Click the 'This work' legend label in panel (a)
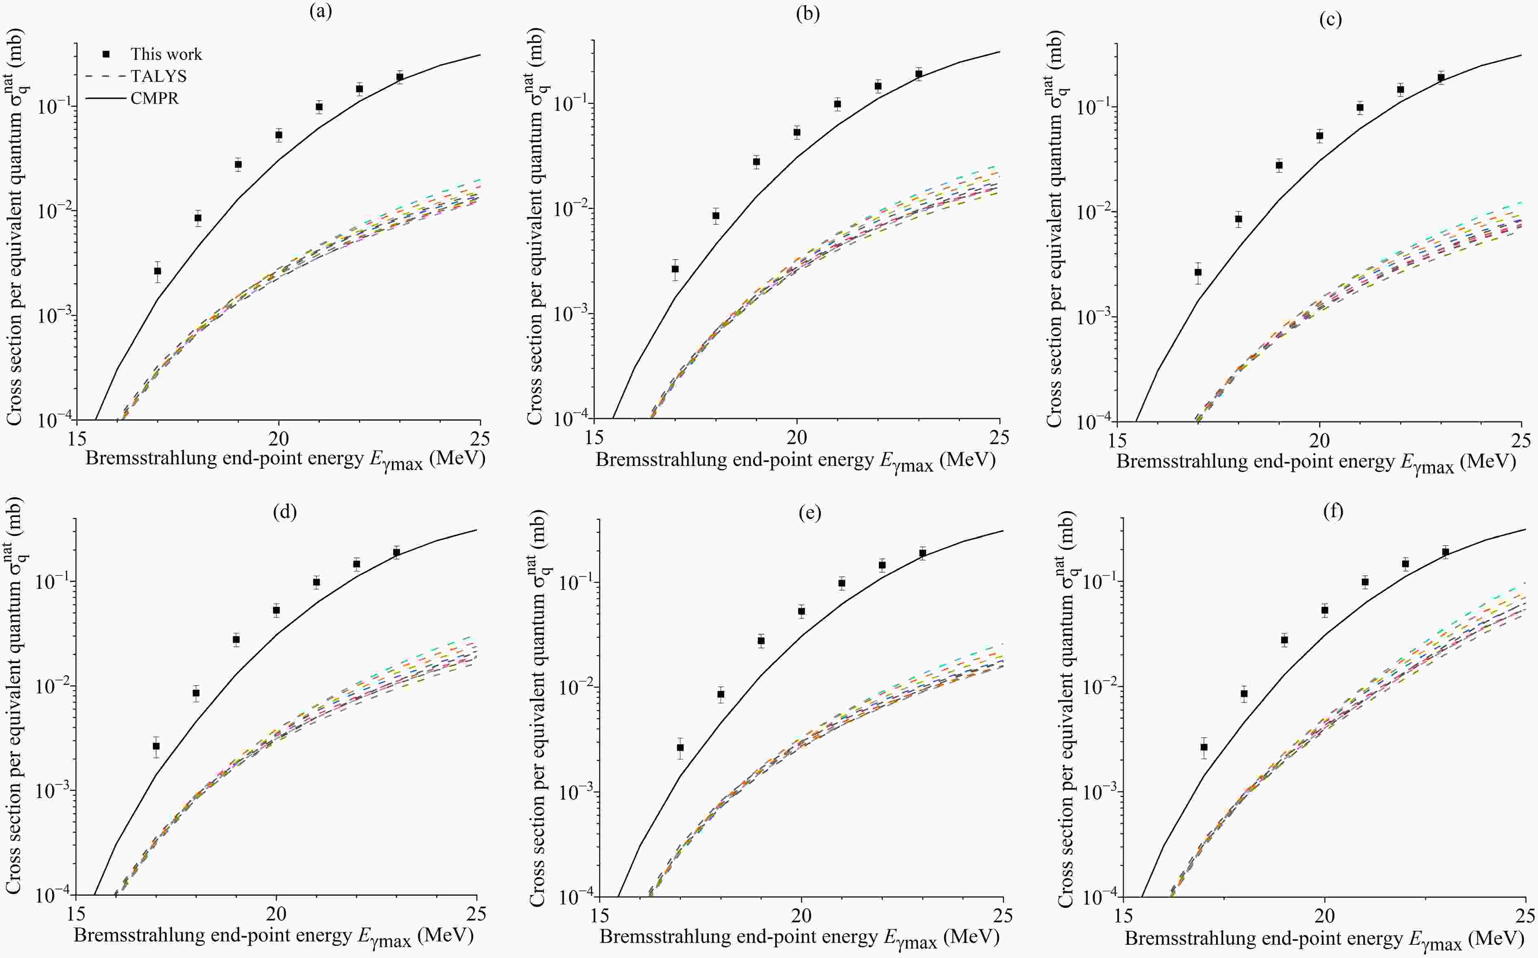pos(166,55)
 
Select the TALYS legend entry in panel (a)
pos(158,77)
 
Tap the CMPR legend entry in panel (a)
pos(155,98)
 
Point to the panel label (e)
pos(810,513)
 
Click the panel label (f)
pos(1333,511)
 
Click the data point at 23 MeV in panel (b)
pos(918,74)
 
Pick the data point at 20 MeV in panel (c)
pos(1320,136)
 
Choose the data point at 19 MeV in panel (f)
pos(1285,640)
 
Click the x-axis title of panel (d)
pos(274,936)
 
